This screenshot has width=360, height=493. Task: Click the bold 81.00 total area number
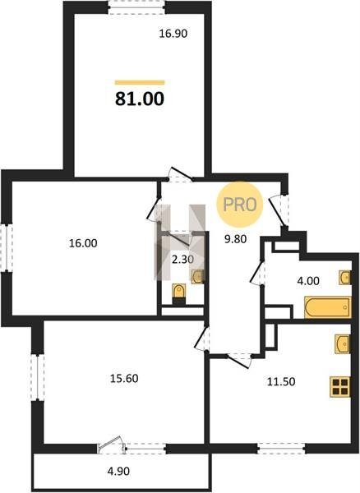click(x=140, y=99)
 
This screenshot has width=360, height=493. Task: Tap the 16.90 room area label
click(x=173, y=34)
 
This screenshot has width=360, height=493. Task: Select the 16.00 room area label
click(x=83, y=243)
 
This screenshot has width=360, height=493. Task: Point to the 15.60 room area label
click(x=124, y=378)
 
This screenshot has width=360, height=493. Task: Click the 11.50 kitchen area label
click(x=281, y=382)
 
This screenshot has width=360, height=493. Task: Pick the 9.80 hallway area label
click(x=235, y=239)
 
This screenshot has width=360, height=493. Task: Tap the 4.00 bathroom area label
click(x=308, y=281)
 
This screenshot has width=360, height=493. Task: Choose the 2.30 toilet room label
click(x=182, y=260)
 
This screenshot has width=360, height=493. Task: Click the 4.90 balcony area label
click(x=118, y=471)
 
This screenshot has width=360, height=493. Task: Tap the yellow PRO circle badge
click(x=239, y=205)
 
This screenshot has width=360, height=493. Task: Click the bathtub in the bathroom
click(x=328, y=307)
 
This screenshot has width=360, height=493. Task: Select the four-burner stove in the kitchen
click(x=340, y=387)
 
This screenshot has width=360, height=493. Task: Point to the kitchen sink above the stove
click(x=343, y=344)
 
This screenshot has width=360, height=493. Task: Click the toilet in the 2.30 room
click(x=179, y=293)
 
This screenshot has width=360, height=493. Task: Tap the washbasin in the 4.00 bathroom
click(x=345, y=278)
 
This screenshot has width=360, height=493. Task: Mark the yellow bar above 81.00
click(x=140, y=83)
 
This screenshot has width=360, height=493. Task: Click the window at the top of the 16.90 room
click(x=136, y=7)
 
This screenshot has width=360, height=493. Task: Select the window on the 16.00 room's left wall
click(x=7, y=247)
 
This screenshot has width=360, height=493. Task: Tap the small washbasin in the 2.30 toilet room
click(x=197, y=277)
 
